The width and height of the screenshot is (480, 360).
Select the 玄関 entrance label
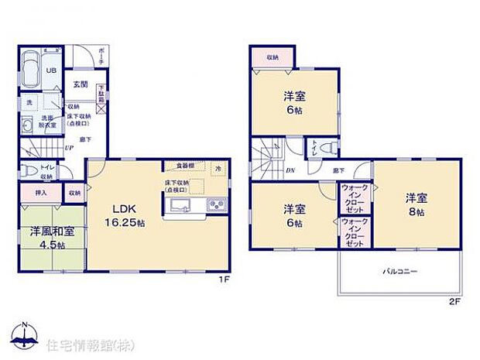(x=80, y=84)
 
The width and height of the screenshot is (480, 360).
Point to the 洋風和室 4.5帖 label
(x=51, y=236)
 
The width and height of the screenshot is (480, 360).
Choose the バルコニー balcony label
(x=399, y=272)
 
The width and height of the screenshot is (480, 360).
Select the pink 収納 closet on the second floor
(x=273, y=57)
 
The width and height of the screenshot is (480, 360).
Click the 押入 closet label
(x=41, y=192)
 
